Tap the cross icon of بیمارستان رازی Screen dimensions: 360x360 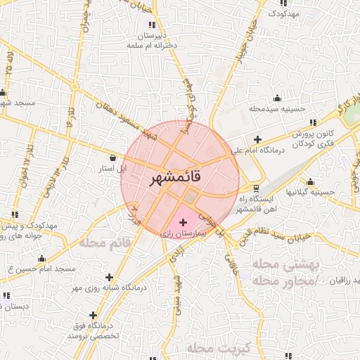click(x=184, y=222)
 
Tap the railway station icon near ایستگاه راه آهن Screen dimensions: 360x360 click(x=255, y=188)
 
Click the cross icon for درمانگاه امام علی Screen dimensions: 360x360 click(x=257, y=139)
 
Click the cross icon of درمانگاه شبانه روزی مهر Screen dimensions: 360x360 click(x=109, y=277)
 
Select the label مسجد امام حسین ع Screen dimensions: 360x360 click(x=44, y=269)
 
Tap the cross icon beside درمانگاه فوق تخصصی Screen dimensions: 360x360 click(x=94, y=314)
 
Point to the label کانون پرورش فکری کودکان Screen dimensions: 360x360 click(x=291, y=139)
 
